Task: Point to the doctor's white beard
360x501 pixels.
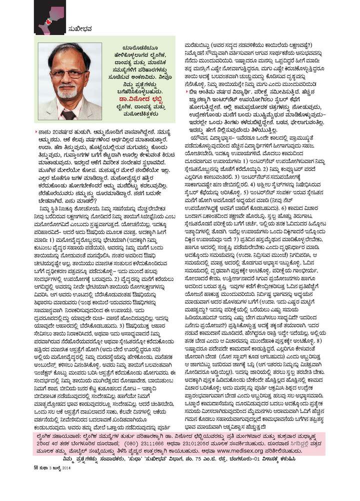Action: (x=67, y=93)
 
